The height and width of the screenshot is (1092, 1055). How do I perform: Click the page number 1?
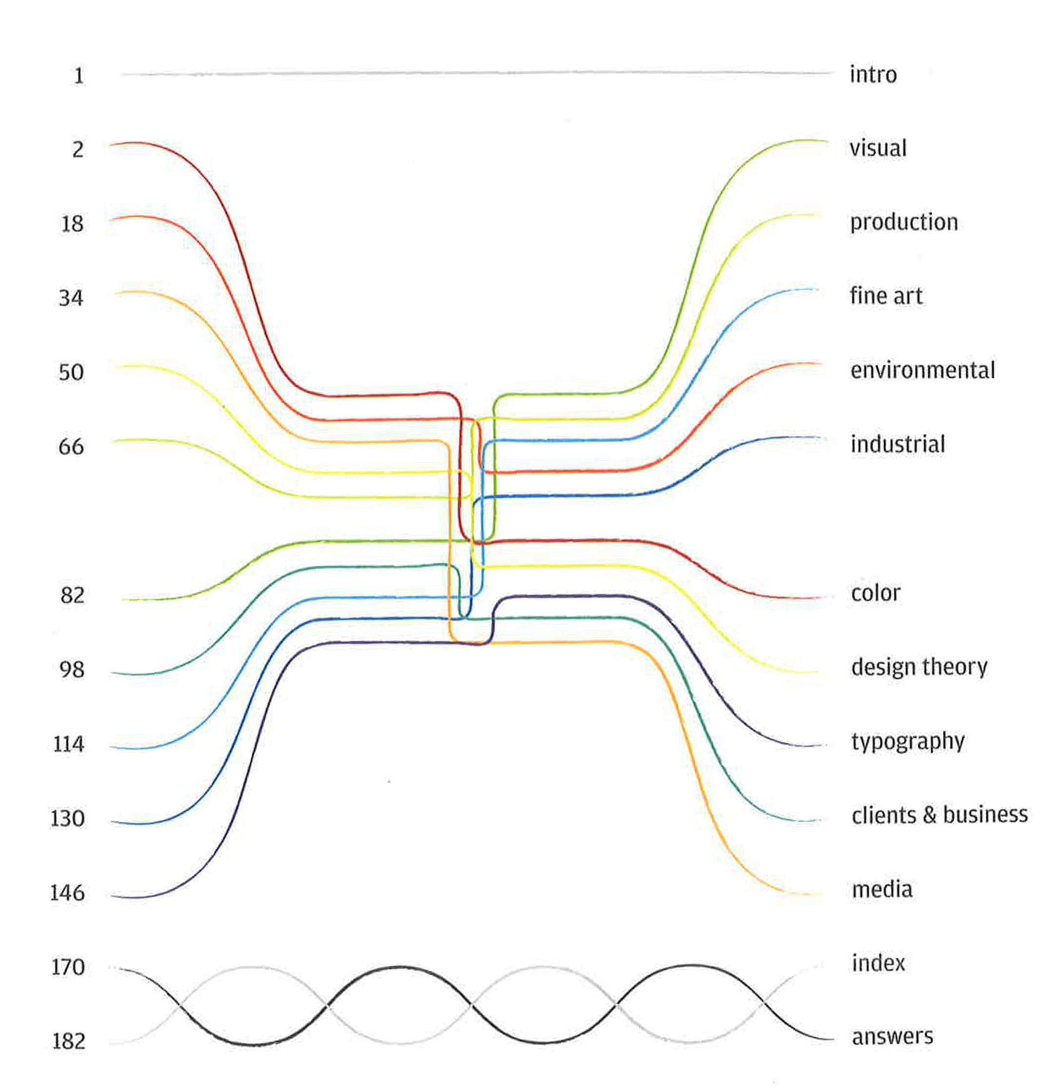coord(78,76)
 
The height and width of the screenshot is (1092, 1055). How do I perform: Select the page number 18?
coord(72,224)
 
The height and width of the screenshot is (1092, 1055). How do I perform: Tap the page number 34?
coord(71,298)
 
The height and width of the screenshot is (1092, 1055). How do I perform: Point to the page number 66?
coord(71,447)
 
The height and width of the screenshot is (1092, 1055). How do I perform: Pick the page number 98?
coord(72,670)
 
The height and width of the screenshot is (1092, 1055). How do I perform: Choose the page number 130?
coord(67,818)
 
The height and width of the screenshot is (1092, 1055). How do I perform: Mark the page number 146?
coord(67,893)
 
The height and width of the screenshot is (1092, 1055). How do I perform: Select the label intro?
coord(873,75)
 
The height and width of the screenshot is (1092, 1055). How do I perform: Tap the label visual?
coord(878,148)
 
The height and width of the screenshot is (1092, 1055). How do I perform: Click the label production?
coord(903,222)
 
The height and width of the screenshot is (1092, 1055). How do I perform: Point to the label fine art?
coord(886,296)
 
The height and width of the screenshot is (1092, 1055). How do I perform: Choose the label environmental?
coord(922,370)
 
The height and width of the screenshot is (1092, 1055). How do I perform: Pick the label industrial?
coord(898,444)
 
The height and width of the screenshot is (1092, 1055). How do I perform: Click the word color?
coord(875,593)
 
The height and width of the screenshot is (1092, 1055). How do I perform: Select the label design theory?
coord(919,667)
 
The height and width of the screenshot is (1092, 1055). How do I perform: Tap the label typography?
coord(908,741)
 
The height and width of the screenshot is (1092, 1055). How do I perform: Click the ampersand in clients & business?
coord(929,815)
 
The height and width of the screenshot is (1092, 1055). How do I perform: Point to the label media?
coord(882,889)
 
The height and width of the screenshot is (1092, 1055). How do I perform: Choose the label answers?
coord(892,1037)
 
